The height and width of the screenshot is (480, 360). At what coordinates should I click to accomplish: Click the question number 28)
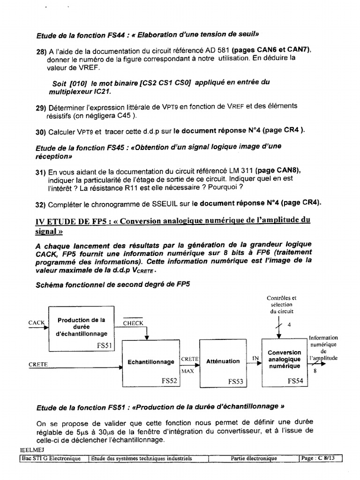[x=41, y=52]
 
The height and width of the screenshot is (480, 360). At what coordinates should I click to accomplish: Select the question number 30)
[x=41, y=131]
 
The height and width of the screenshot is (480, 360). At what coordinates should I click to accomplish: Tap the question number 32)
[x=41, y=204]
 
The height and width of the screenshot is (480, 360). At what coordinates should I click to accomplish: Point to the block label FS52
[x=170, y=381]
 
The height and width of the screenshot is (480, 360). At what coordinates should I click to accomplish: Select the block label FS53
[x=236, y=382]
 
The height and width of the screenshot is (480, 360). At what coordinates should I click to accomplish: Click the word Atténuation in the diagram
[x=223, y=361]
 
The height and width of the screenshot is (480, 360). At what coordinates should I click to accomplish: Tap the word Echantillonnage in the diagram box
[x=151, y=362]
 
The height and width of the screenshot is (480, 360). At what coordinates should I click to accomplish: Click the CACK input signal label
[x=36, y=322]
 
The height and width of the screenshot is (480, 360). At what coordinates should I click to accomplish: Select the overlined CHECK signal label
[x=133, y=323]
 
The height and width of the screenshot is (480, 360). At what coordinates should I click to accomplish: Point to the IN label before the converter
[x=255, y=359]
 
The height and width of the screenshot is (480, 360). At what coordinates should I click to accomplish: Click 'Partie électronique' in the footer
[x=254, y=458]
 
